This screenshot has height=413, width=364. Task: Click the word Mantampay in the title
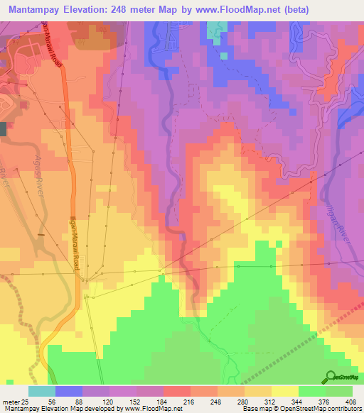pos(39,9)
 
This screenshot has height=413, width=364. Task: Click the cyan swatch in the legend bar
pos(42,391)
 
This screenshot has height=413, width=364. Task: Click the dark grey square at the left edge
pos(3,128)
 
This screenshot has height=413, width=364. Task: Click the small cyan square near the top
pos(225,54)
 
